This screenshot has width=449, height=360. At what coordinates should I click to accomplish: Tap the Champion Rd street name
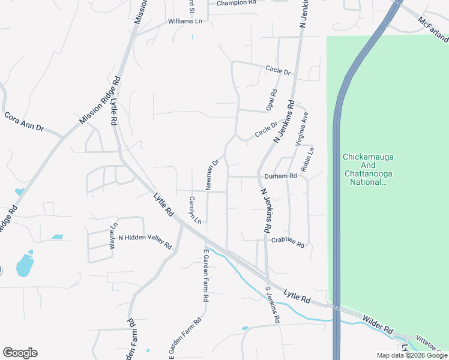pyautogui.click(x=237, y=3)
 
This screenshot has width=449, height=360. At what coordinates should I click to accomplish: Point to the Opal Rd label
pyautogui.click(x=273, y=100)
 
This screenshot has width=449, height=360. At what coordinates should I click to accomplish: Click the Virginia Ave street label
pyautogui.click(x=301, y=128)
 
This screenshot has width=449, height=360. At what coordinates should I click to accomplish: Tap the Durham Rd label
pyautogui.click(x=280, y=176)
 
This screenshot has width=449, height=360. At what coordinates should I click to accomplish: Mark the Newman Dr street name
pyautogui.click(x=214, y=175)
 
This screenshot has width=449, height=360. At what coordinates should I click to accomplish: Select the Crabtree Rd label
pyautogui.click(x=288, y=241)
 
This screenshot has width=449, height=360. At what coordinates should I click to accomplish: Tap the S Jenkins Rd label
pyautogui.click(x=273, y=305)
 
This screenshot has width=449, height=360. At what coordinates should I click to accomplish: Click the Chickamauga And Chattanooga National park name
pyautogui.click(x=368, y=169)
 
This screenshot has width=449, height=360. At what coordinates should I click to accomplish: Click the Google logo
pyautogui.click(x=20, y=353)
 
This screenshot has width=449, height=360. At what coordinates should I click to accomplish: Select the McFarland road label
pyautogui.click(x=433, y=29)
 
